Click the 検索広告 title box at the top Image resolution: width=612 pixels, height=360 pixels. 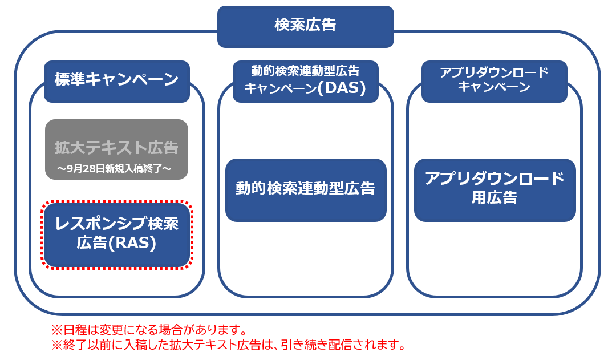pos(305,27)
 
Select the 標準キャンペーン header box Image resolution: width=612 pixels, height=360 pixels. pos(117,81)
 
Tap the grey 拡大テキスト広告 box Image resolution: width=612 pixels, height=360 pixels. pos(117,149)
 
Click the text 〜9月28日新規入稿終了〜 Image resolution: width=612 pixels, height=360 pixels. pos(115,169)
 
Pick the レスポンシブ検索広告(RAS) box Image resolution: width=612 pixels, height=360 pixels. pos(117,235)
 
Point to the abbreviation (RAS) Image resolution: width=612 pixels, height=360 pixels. pos(132,243)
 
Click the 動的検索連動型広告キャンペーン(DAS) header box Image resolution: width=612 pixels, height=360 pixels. pos(306,81)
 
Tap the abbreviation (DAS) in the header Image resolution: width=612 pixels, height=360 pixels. pos(342,88)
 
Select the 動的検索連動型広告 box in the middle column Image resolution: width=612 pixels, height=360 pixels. pos(306,190)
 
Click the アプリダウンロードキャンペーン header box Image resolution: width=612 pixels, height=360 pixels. pos(495,81)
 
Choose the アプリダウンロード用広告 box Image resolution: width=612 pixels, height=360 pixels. pos(495,190)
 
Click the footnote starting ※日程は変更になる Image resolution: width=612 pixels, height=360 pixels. pos(149,330)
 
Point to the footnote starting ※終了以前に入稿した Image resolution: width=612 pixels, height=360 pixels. pos(229,345)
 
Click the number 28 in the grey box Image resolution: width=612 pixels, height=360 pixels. pos(84,169)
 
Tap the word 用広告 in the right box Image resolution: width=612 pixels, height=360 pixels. pos(495,197)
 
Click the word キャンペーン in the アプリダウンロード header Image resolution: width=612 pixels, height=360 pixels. pos(494,87)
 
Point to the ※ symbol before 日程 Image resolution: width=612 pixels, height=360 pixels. pos(57,330)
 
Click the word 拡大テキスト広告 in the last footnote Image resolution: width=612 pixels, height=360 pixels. pos(214,345)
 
